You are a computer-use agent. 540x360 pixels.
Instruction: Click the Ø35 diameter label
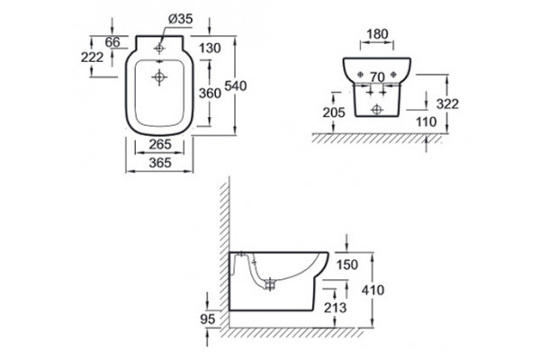(x=181, y=19)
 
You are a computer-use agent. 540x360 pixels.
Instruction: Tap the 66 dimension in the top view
(x=112, y=42)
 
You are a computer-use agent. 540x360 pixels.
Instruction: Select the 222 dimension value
(x=93, y=58)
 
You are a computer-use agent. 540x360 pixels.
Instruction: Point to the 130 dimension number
(x=210, y=49)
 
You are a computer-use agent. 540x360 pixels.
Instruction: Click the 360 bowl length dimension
(x=210, y=93)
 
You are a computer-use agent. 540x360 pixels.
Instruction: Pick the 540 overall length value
(x=236, y=85)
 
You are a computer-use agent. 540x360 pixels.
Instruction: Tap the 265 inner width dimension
(x=160, y=144)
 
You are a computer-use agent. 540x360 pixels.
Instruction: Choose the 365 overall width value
(x=160, y=163)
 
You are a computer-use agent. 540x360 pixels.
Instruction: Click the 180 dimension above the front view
(x=377, y=34)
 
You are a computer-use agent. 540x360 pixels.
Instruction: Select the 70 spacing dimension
(x=377, y=77)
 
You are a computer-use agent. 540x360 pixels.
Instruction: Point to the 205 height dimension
(x=334, y=112)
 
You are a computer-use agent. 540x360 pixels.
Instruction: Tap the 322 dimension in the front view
(x=447, y=103)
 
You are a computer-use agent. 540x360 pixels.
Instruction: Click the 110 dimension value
(x=426, y=121)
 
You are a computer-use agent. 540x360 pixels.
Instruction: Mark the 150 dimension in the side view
(x=347, y=265)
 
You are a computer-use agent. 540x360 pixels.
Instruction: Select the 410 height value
(x=373, y=291)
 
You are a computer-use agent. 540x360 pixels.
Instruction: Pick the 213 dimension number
(x=335, y=308)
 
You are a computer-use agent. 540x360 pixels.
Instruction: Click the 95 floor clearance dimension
(x=208, y=319)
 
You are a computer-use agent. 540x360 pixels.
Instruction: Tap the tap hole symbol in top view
(x=159, y=49)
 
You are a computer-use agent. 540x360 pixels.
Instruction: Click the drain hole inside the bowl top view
(x=159, y=77)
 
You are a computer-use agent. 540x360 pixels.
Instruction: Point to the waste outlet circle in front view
(x=377, y=110)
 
